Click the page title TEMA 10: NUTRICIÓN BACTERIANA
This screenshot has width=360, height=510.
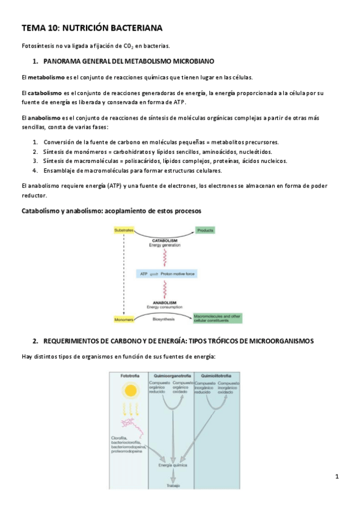coord(92,28)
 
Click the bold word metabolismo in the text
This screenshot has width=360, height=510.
coord(46,77)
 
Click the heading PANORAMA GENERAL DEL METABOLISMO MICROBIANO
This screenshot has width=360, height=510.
coord(129,61)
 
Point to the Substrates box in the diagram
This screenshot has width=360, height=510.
coord(124,230)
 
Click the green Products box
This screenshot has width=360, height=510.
coord(206,230)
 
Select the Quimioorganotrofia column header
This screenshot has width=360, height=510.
coord(172,376)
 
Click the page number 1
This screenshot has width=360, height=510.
coord(337,477)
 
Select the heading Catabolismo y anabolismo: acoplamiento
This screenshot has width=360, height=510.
coord(111,211)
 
